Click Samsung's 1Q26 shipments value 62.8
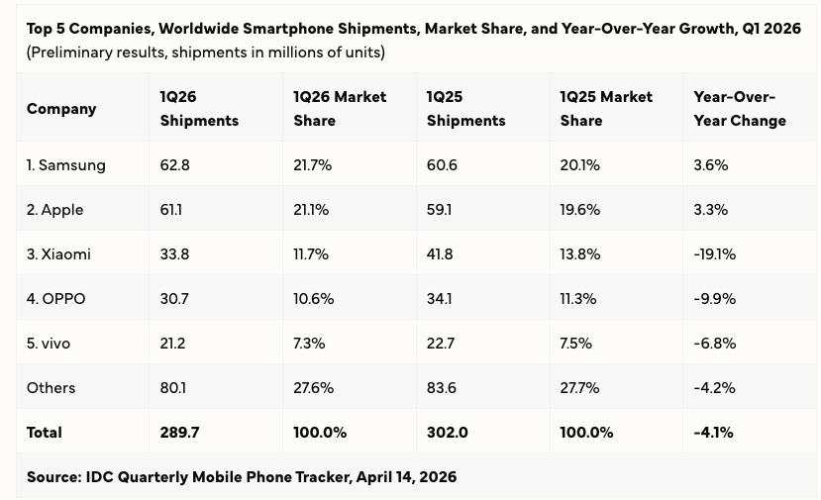(173, 165)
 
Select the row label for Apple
(55, 210)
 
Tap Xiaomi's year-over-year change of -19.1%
(715, 254)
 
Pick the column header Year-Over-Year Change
(740, 109)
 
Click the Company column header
(61, 109)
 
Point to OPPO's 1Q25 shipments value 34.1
(441, 299)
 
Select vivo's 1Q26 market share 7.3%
(309, 344)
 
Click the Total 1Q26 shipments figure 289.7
(179, 433)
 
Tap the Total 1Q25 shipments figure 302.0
(448, 433)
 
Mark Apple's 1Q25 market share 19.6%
(580, 210)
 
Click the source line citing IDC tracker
(242, 477)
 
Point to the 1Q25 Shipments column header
(465, 109)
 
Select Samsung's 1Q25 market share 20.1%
(580, 165)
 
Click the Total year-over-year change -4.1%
(715, 433)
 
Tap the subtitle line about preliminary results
(206, 51)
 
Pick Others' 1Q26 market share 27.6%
(313, 388)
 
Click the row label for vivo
(47, 344)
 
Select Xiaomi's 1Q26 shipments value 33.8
(173, 254)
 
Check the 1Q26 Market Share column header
(340, 109)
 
